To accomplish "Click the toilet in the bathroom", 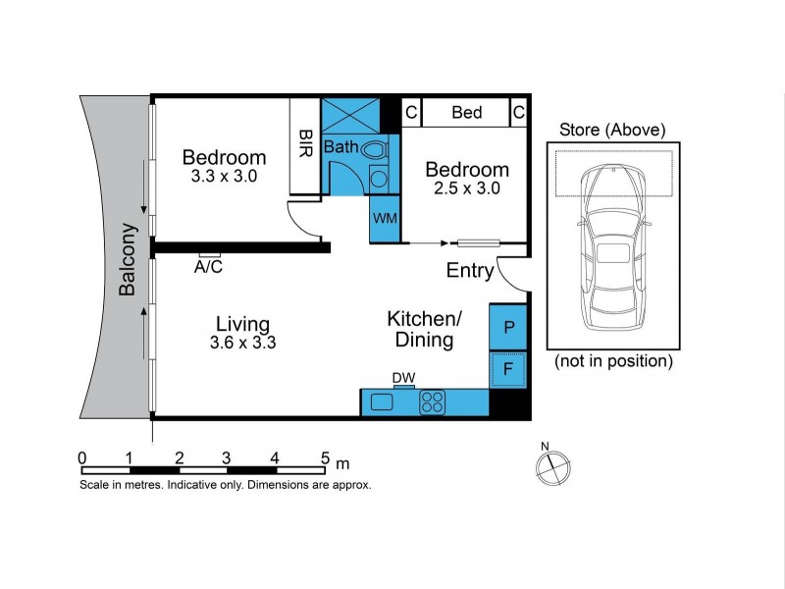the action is pyautogui.click(x=375, y=149).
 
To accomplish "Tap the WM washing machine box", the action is pyautogui.click(x=385, y=219).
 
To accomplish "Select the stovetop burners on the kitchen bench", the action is pyautogui.click(x=433, y=402).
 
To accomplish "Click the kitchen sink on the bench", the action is pyautogui.click(x=382, y=402).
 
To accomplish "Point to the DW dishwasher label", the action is pyautogui.click(x=403, y=378).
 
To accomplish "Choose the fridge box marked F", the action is pyautogui.click(x=507, y=369).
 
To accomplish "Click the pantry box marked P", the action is pyautogui.click(x=507, y=327).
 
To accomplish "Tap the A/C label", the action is pyautogui.click(x=208, y=267).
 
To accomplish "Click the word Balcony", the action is pyautogui.click(x=128, y=259).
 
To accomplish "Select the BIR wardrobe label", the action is pyautogui.click(x=305, y=143).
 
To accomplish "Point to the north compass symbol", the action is pyautogui.click(x=552, y=466).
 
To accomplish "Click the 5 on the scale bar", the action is pyautogui.click(x=326, y=457).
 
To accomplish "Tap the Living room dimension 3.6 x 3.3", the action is pyautogui.click(x=242, y=343).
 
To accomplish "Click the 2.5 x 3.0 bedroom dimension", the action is pyautogui.click(x=467, y=188).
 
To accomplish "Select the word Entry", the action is pyautogui.click(x=470, y=271).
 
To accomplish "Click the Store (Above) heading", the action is pyautogui.click(x=612, y=130).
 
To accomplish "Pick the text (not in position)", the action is pyautogui.click(x=613, y=360).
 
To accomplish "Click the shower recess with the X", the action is pyautogui.click(x=350, y=116).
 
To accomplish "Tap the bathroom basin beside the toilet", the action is pyautogui.click(x=379, y=179).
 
